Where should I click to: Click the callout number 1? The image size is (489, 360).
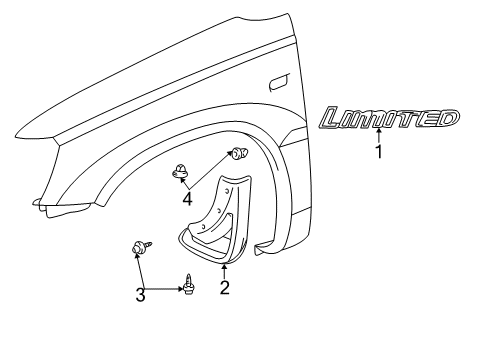[379, 153]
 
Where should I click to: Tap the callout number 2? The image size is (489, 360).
[225, 288]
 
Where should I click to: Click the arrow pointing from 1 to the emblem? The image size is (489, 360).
[379, 139]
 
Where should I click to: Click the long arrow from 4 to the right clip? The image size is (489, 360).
[213, 171]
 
